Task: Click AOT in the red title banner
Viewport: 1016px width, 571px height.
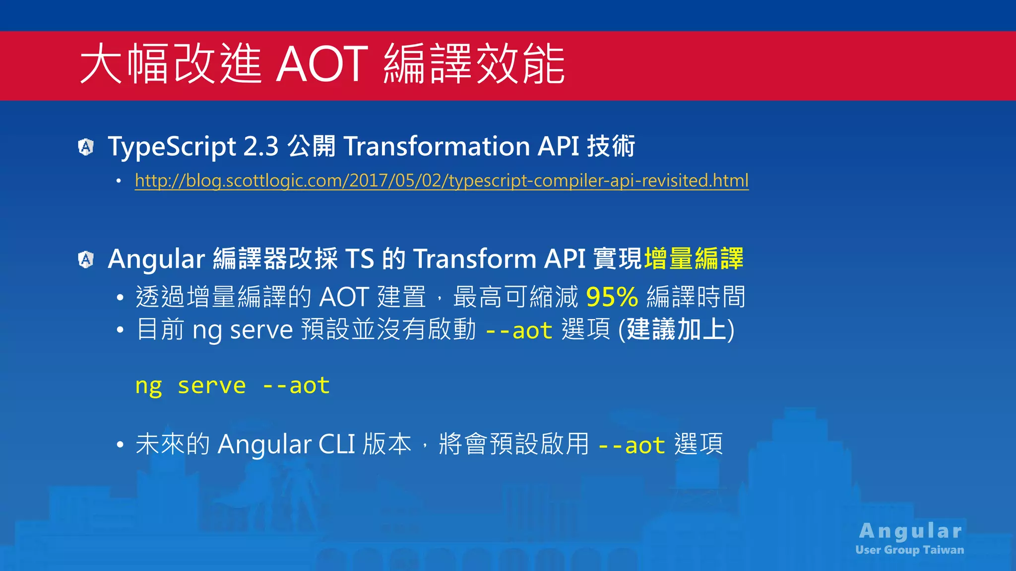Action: coord(321,64)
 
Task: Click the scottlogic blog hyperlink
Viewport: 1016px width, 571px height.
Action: coord(442,180)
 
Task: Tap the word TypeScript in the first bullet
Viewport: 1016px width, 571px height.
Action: coord(172,147)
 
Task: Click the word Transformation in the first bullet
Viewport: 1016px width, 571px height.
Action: coord(437,147)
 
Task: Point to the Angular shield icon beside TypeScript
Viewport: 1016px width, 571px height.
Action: coord(86,147)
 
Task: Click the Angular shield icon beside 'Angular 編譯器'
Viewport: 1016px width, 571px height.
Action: coord(86,259)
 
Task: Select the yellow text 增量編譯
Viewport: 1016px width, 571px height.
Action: coord(694,259)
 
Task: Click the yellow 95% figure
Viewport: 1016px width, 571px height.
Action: coord(612,297)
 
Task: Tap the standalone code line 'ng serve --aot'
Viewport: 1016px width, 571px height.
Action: coord(232,386)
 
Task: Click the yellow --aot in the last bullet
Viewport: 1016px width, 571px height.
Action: coord(631,445)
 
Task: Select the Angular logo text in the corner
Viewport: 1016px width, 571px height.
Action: coord(910,531)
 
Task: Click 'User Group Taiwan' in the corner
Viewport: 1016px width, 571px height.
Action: coord(909,550)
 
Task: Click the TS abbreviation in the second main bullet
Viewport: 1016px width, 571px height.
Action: coord(359,259)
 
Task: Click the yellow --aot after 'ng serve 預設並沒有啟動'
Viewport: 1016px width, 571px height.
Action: coord(518,331)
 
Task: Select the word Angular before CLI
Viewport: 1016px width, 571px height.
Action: coord(264,444)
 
